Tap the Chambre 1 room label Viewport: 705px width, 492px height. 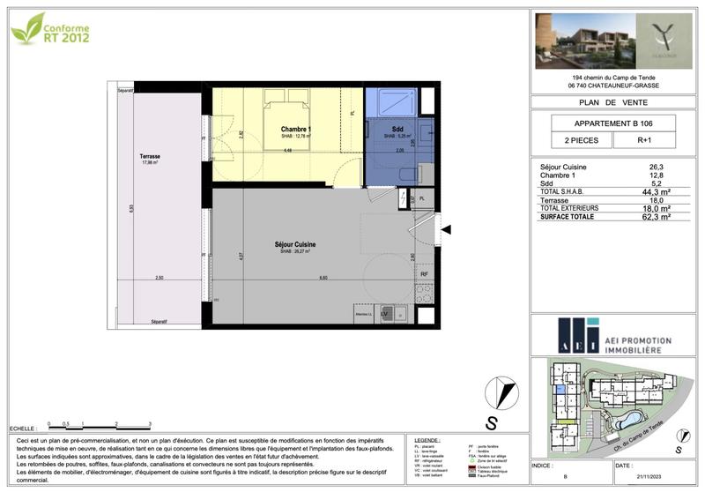pos(284,130)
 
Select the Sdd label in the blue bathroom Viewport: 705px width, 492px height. pos(397,130)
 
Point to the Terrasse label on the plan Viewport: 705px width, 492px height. pos(149,157)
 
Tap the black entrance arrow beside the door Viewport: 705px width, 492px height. pos(447,230)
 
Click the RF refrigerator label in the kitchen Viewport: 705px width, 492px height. pos(424,274)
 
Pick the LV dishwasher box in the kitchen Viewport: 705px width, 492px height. pos(385,315)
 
